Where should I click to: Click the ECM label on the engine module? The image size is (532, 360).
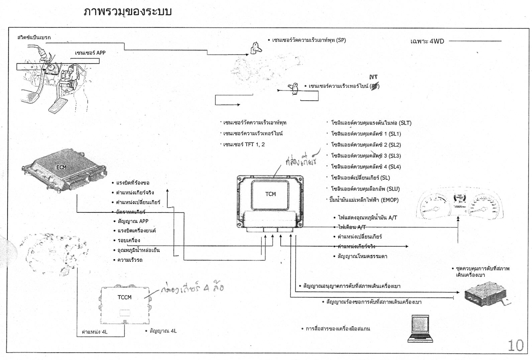point(61,167)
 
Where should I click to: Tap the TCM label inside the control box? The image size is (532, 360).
point(270,194)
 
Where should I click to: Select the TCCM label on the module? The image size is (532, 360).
point(124,297)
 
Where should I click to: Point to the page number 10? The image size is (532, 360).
point(515,345)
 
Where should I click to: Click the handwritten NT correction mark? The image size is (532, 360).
point(373,77)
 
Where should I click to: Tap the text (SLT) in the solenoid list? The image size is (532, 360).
point(405,123)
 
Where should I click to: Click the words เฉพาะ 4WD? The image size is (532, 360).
point(427,41)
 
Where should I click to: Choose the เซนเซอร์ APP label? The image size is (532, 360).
point(90,53)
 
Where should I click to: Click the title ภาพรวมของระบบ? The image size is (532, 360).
point(127,11)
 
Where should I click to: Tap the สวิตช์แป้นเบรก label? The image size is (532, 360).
point(34,37)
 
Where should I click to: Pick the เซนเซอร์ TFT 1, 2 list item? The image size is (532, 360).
point(244,145)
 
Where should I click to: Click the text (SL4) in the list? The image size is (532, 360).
point(395,167)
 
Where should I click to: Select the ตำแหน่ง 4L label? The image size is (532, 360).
point(95,332)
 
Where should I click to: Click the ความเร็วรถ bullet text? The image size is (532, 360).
point(130,260)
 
